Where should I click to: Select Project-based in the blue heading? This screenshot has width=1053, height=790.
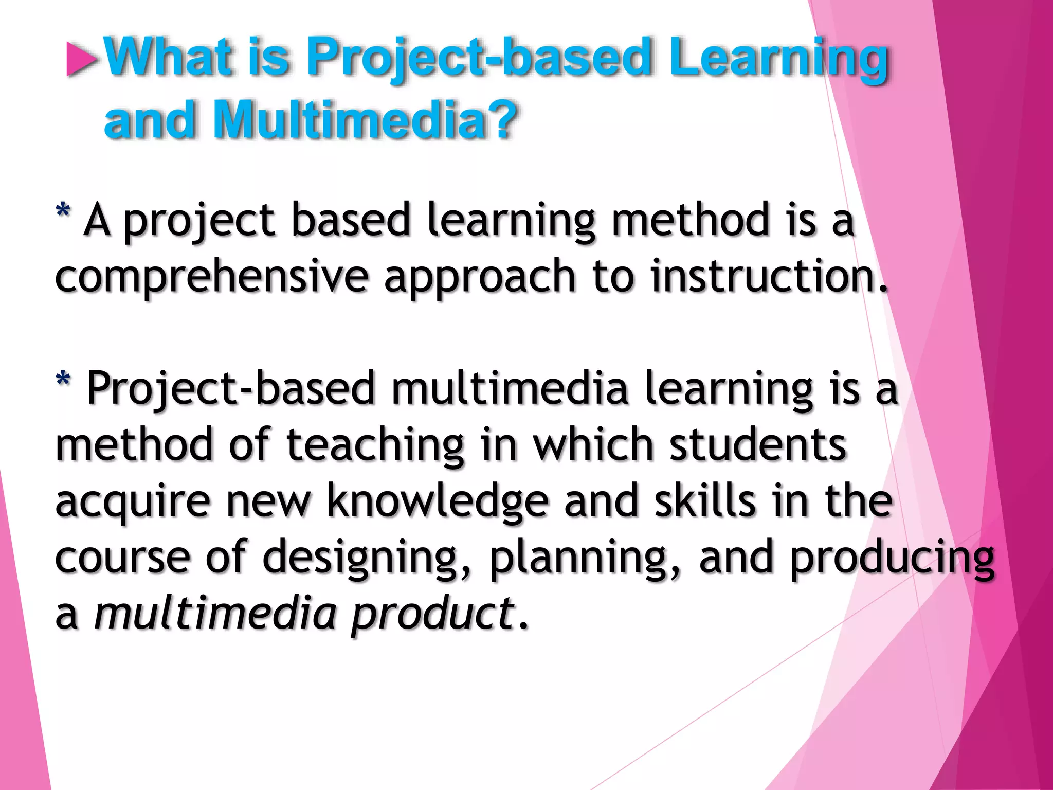pos(479,58)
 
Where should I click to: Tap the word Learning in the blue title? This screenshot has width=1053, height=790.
pos(778,58)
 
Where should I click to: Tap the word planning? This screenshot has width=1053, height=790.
pos(584,559)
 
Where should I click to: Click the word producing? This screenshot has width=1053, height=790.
pos(892,559)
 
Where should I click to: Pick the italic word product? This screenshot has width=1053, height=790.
pos(432,615)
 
